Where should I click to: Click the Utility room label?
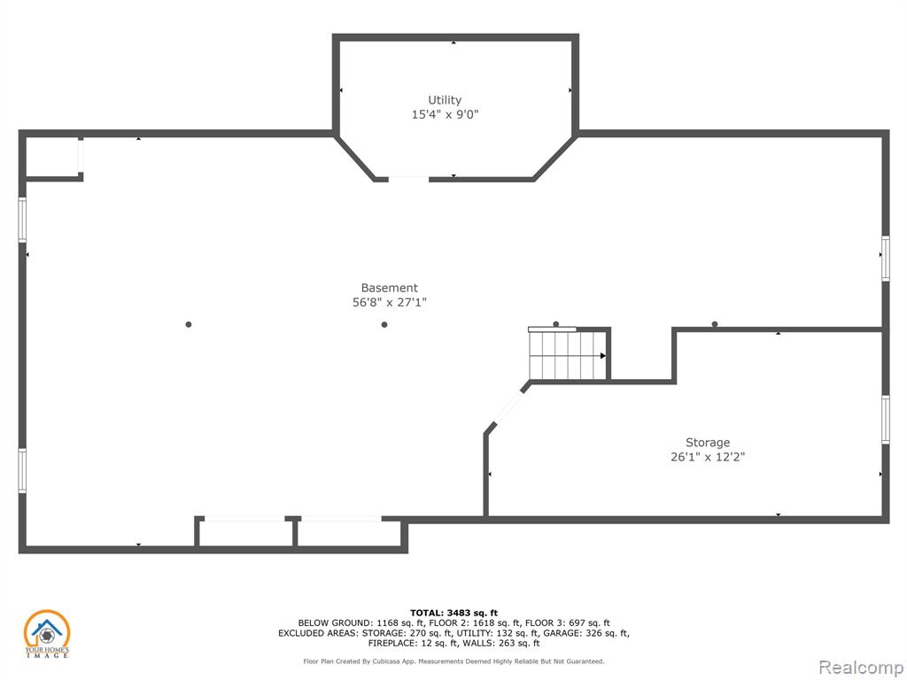pyautogui.click(x=445, y=100)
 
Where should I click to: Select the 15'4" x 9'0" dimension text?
pyautogui.click(x=445, y=114)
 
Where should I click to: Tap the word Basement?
pyautogui.click(x=390, y=288)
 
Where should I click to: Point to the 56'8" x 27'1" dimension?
pyautogui.click(x=390, y=303)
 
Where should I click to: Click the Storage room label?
pyautogui.click(x=708, y=443)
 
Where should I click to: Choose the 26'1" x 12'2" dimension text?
pyautogui.click(x=708, y=457)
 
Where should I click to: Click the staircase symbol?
pyautogui.click(x=568, y=354)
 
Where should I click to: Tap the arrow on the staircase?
pyautogui.click(x=602, y=356)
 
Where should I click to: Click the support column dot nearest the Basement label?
pyautogui.click(x=384, y=324)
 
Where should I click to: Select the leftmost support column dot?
pyautogui.click(x=189, y=324)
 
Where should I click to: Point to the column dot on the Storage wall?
pyautogui.click(x=715, y=324)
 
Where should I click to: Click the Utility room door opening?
pyautogui.click(x=408, y=179)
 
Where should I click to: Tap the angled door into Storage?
pyautogui.click(x=508, y=407)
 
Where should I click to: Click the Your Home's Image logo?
pyautogui.click(x=47, y=634)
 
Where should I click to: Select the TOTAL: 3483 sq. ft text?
pyautogui.click(x=453, y=613)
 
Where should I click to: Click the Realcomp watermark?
pyautogui.click(x=861, y=668)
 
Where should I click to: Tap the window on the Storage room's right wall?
pyautogui.click(x=885, y=420)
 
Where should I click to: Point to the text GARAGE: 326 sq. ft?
pyautogui.click(x=575, y=633)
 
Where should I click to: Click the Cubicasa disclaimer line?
pyautogui.click(x=453, y=661)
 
